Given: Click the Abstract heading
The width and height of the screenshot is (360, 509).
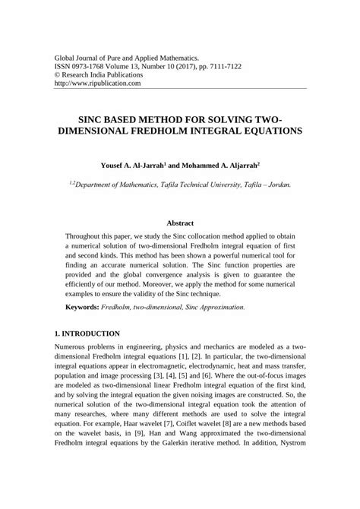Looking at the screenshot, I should pyautogui.click(x=179, y=223).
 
